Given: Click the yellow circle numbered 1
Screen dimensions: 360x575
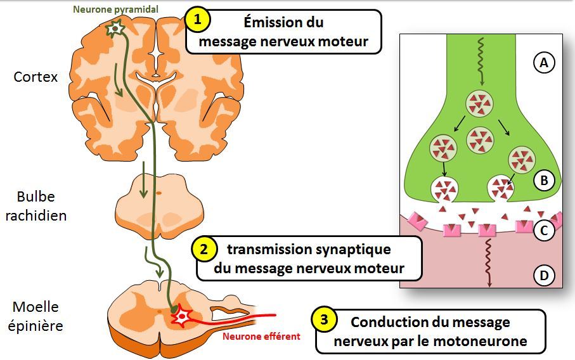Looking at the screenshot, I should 198,20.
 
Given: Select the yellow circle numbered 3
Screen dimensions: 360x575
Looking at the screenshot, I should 325,321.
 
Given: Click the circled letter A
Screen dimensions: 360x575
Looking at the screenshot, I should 543,63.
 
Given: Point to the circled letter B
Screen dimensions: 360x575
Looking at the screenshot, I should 543,181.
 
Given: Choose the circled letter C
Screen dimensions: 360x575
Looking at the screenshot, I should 543,231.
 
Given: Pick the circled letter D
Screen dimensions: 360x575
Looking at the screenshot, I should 543,276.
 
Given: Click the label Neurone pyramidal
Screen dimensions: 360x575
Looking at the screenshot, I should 115,10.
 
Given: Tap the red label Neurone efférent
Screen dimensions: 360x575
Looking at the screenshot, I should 261,337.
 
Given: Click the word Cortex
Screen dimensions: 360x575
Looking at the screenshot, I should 36,77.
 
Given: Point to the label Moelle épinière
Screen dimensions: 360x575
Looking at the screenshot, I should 36,316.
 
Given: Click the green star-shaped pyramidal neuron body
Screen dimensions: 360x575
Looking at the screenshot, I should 115,29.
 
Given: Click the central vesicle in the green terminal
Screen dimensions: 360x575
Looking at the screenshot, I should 479,138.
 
